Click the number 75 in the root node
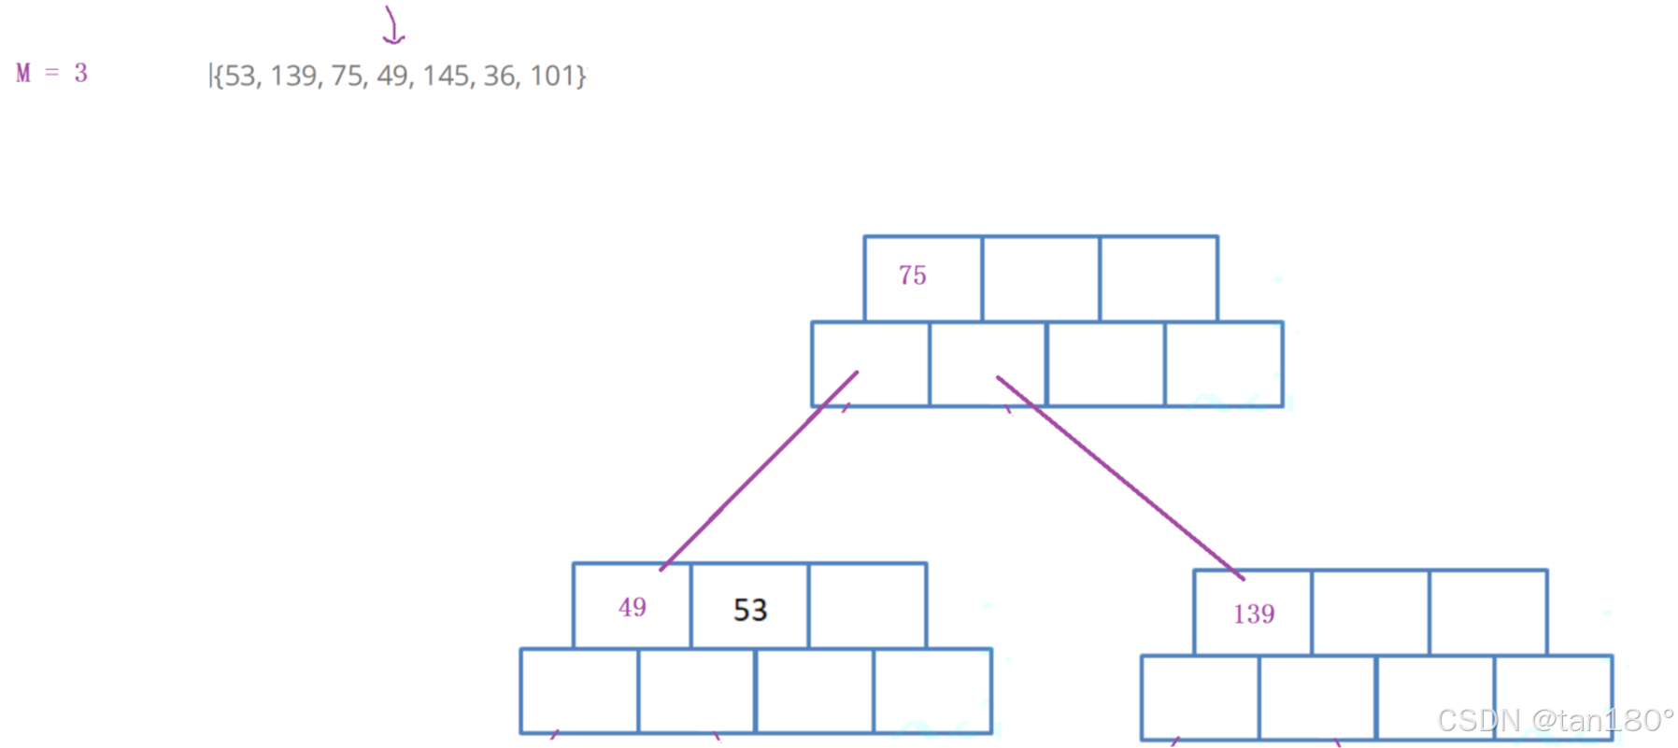pyautogui.click(x=912, y=275)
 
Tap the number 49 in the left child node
pyautogui.click(x=633, y=608)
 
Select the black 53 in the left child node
pyautogui.click(x=750, y=610)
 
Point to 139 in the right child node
pyautogui.click(x=1254, y=614)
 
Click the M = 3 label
pyautogui.click(x=52, y=73)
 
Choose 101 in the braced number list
pyautogui.click(x=554, y=76)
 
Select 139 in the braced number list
pyautogui.click(x=293, y=76)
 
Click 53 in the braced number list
pyautogui.click(x=240, y=76)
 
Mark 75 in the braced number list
pyautogui.click(x=347, y=76)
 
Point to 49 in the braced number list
pyautogui.click(x=393, y=76)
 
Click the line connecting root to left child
pyautogui.click(x=759, y=472)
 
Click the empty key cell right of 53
pyautogui.click(x=868, y=606)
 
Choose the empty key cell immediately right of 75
pyautogui.click(x=1041, y=278)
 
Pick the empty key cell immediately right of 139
pyautogui.click(x=1371, y=613)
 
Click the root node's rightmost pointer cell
pyautogui.click(x=1224, y=364)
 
